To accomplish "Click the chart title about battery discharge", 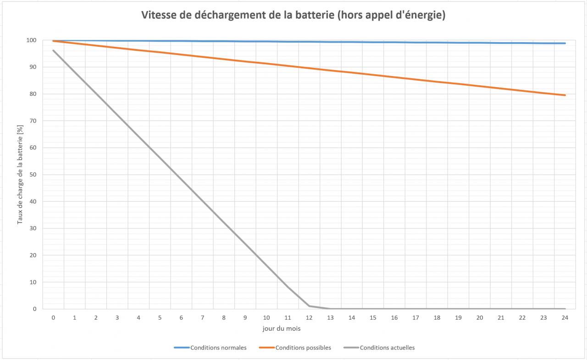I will [x=293, y=15].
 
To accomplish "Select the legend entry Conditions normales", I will [x=218, y=348].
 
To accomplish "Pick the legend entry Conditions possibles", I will [x=303, y=348].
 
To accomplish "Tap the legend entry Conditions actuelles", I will [x=387, y=348].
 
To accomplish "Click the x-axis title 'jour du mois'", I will [x=282, y=328].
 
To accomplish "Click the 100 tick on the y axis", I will [x=32, y=40].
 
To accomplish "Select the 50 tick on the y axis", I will [x=33, y=175].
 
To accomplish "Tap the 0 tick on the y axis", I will [x=34, y=309].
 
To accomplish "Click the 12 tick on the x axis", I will [x=309, y=317].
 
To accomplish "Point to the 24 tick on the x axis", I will [x=565, y=317].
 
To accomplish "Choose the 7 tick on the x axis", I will [x=203, y=317].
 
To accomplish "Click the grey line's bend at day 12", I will [x=309, y=306].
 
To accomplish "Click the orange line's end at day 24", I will [x=565, y=95].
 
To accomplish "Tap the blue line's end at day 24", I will [x=565, y=43].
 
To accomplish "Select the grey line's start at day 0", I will [x=53, y=50].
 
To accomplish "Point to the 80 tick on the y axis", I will [x=33, y=94].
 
